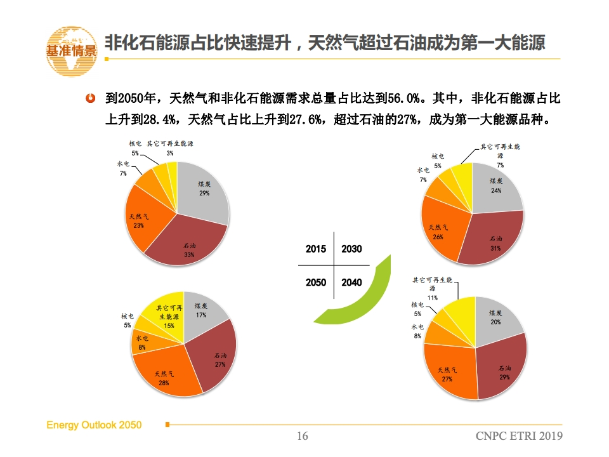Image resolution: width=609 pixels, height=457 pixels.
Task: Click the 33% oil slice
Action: (189, 244)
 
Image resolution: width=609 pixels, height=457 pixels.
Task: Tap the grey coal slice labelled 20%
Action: (496, 317)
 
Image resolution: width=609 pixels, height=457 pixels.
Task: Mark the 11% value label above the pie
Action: (432, 297)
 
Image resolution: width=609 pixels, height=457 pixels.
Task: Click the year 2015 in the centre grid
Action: (315, 249)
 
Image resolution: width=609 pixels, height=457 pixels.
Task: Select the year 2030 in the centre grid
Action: (351, 249)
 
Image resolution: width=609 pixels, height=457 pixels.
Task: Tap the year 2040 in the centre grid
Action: (351, 282)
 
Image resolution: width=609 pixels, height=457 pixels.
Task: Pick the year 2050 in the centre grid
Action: (315, 282)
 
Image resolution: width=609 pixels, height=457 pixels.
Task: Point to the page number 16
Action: (303, 436)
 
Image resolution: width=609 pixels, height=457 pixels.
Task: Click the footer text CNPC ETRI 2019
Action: (519, 436)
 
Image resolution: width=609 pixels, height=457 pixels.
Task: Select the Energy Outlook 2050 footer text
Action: (94, 425)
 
